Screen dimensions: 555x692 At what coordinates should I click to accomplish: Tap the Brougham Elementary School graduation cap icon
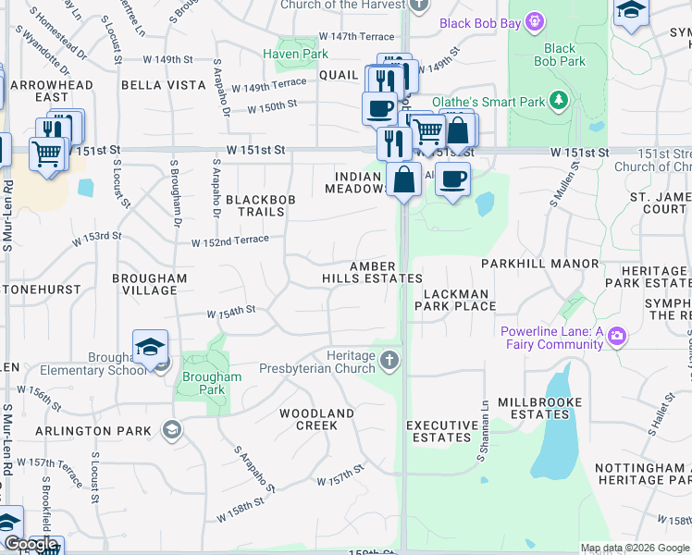coord(150,347)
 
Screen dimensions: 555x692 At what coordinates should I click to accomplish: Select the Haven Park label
coord(295,55)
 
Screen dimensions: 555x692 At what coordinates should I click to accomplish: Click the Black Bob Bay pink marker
coord(533,21)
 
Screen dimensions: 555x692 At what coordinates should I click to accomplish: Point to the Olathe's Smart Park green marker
coord(558,99)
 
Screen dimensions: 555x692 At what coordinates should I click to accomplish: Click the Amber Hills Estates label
coord(372,272)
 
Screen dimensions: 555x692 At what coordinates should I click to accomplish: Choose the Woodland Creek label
coord(316,419)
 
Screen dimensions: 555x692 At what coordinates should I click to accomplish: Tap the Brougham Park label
coord(212,383)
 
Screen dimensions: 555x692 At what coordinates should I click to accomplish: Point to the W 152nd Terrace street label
coord(230,240)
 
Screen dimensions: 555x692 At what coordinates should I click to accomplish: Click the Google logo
coord(30,545)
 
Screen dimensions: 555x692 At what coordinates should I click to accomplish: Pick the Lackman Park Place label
coord(456,299)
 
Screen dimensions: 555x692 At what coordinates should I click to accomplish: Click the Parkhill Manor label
coord(539,264)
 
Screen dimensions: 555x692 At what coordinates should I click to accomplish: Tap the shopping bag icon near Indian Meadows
coord(404,179)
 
